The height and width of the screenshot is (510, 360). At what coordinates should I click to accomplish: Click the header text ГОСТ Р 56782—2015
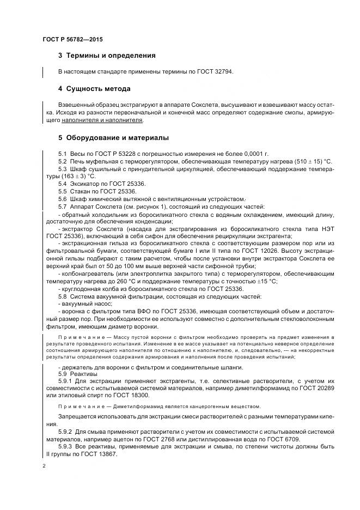[x=72, y=40]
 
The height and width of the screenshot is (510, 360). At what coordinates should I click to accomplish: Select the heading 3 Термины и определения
[x=107, y=56]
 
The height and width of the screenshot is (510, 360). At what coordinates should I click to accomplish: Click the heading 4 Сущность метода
[x=94, y=88]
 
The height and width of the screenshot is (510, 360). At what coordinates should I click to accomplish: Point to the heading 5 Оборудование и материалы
[x=113, y=137]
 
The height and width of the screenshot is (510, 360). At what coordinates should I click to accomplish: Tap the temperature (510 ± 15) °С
[x=308, y=162]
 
